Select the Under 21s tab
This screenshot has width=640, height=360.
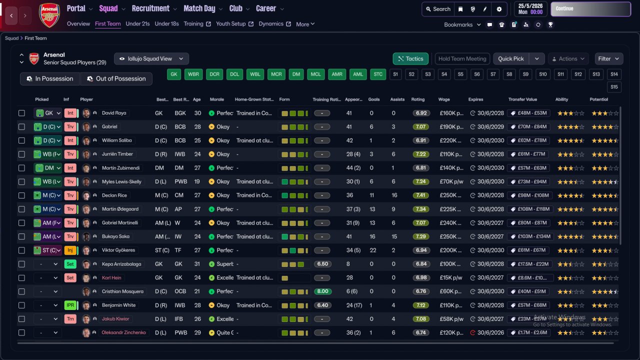point(137,24)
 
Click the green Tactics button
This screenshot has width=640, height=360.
point(410,59)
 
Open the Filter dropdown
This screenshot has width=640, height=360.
point(608,59)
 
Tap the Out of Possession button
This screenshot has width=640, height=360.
point(116,79)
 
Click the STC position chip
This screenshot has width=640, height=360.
point(378,74)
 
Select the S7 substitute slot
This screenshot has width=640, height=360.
point(493,74)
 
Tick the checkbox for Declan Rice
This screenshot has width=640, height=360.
point(21,195)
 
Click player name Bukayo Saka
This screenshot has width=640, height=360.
point(115,236)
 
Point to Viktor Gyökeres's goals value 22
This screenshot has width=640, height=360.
point(371,250)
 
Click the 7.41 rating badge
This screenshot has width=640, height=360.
point(421,195)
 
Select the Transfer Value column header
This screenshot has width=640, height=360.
point(522,99)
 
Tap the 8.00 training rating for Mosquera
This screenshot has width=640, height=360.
point(323,291)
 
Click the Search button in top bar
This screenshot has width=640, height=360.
point(438,9)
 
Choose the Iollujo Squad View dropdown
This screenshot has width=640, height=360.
point(151,59)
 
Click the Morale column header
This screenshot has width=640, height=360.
point(216,99)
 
